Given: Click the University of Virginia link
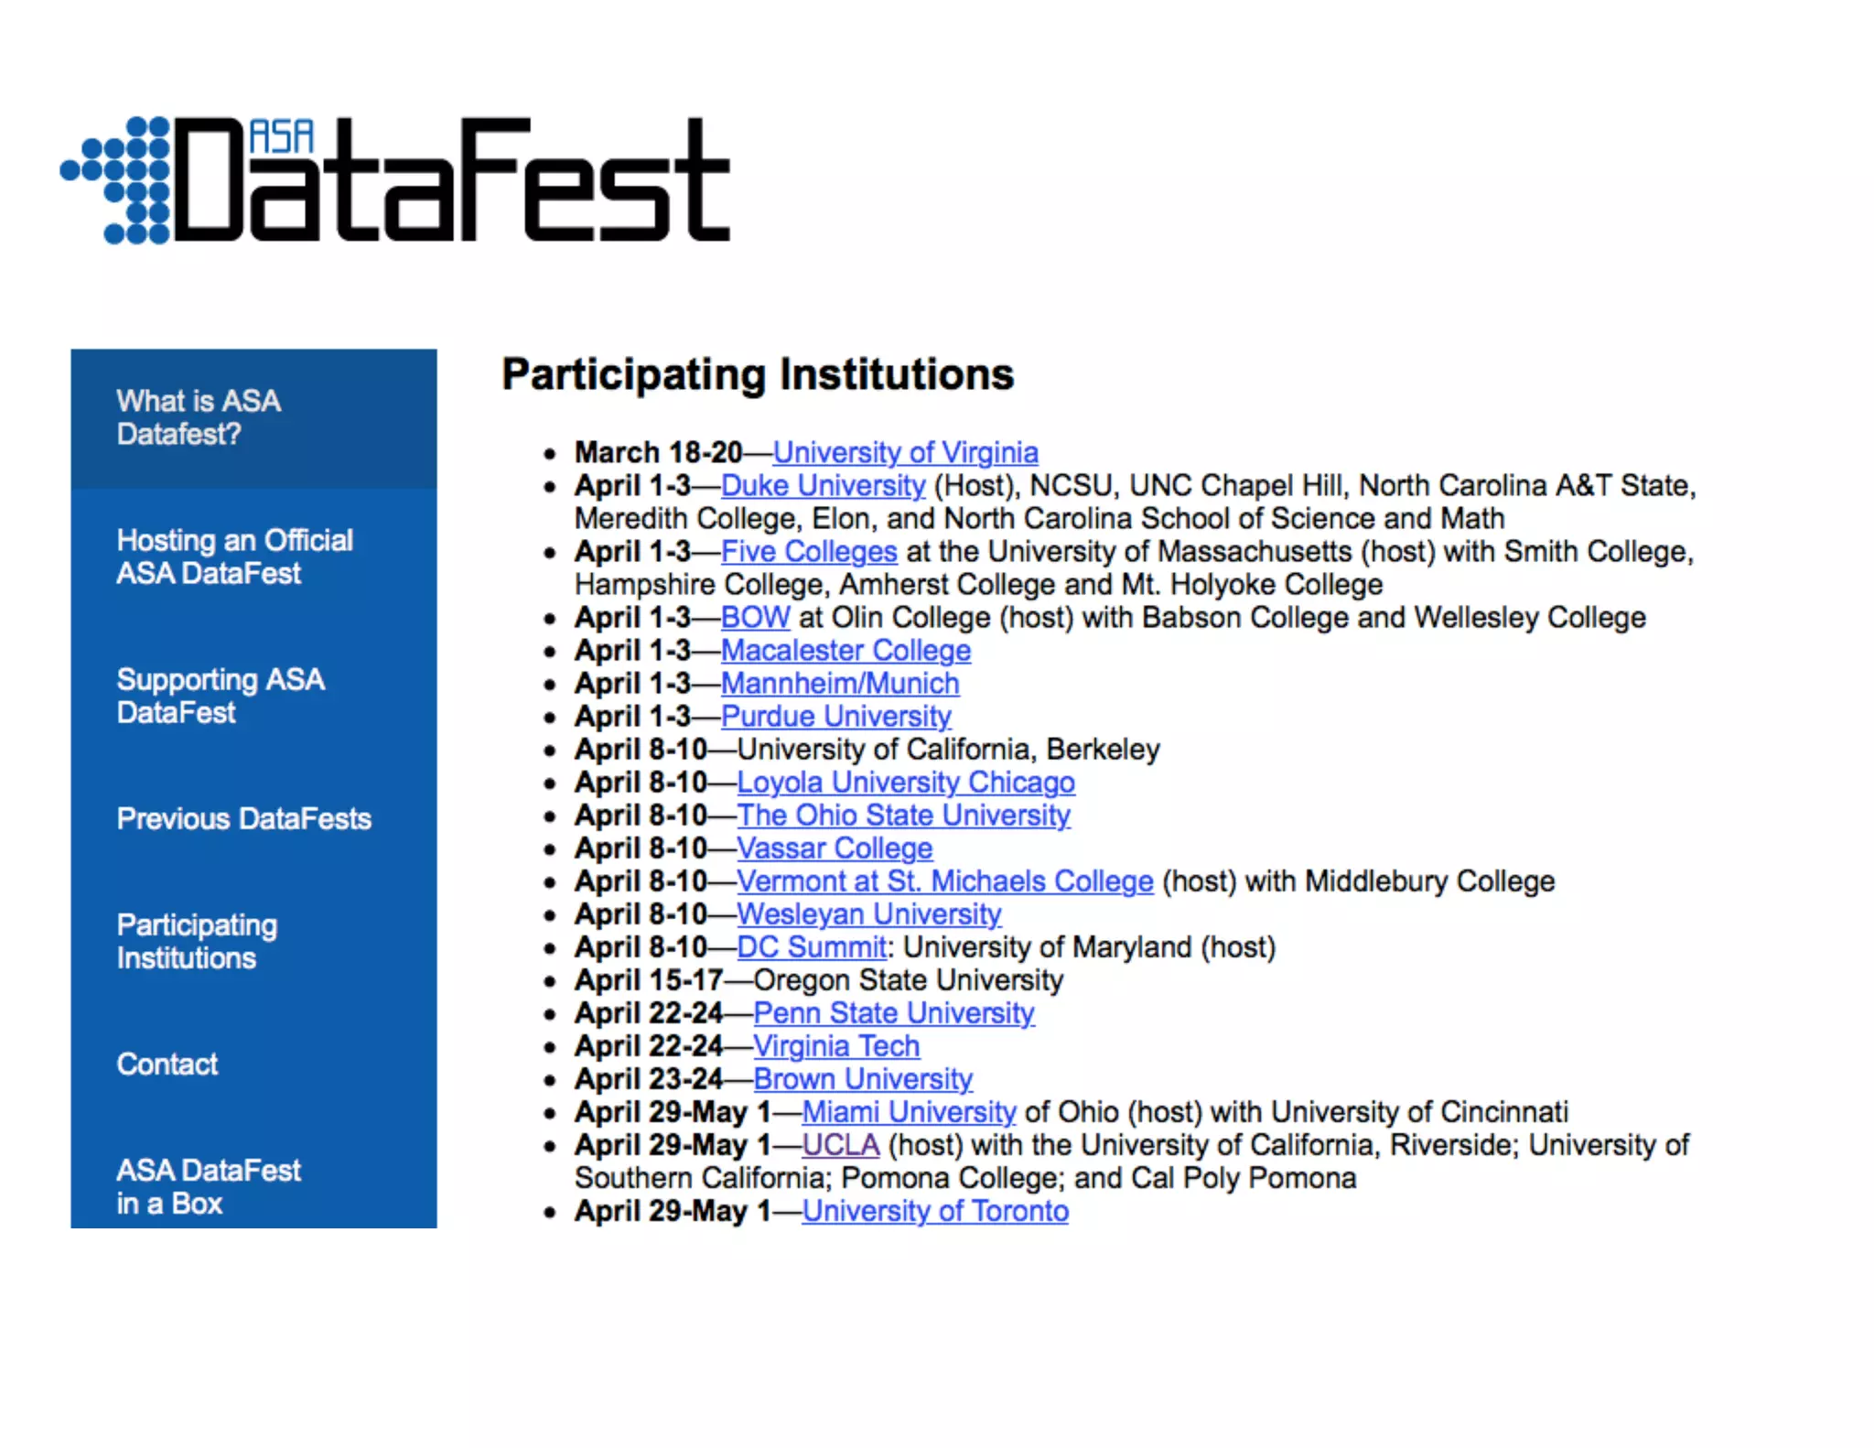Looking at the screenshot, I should pos(905,452).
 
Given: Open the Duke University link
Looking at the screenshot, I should pos(823,485).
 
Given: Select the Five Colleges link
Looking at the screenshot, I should pos(808,551).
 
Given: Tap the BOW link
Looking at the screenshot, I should pos(755,617).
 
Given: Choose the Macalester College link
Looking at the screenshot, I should pos(845,650).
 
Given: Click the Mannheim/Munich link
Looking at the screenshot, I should pos(839,683).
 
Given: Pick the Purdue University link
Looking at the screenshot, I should pos(835,716).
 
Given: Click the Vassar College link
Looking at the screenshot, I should pos(834,848).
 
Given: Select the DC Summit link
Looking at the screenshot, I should pos(811,946).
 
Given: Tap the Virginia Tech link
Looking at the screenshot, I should pos(835,1045).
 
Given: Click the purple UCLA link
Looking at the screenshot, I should pos(840,1144).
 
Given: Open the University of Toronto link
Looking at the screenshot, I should pos(934,1210).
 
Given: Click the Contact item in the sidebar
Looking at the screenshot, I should pos(167,1064).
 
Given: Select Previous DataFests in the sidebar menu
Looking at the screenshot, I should pos(243,818).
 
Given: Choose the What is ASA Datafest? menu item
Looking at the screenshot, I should pos(198,417).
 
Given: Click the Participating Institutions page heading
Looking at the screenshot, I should pos(758,373).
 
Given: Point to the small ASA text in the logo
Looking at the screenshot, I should pos(282,137).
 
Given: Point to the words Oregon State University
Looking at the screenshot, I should pos(908,979).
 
